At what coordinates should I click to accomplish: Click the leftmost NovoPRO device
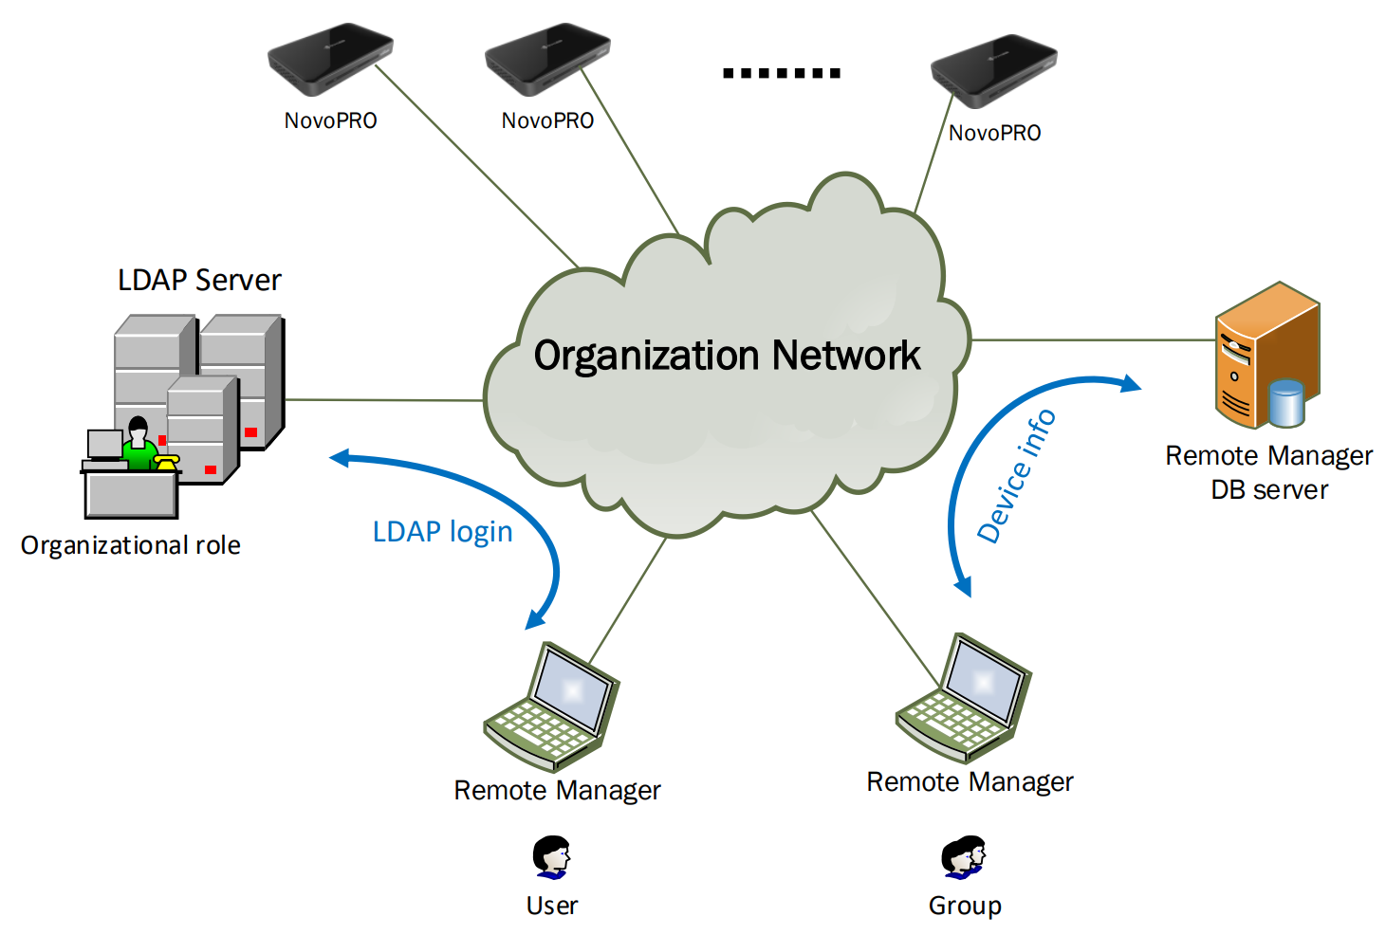pyautogui.click(x=330, y=59)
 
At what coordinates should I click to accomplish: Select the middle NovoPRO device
pyautogui.click(x=547, y=59)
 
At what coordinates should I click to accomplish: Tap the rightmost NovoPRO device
pyautogui.click(x=993, y=70)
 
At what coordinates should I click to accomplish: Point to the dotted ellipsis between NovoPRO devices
pyautogui.click(x=781, y=73)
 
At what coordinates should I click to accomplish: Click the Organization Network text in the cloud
pyautogui.click(x=727, y=356)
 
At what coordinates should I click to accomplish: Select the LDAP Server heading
pyautogui.click(x=199, y=280)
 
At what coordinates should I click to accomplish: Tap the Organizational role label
pyautogui.click(x=131, y=545)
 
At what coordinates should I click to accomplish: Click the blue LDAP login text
pyautogui.click(x=442, y=532)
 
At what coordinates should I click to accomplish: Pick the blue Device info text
pyautogui.click(x=1016, y=476)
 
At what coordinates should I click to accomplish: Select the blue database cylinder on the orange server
pyautogui.click(x=1286, y=402)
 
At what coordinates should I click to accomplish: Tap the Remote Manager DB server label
pyautogui.click(x=1268, y=472)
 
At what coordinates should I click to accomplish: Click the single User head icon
pyautogui.click(x=551, y=856)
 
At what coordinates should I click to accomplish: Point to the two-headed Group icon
pyautogui.click(x=964, y=856)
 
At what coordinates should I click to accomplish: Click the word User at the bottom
pyautogui.click(x=551, y=906)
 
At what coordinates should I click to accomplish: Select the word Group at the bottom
pyautogui.click(x=965, y=906)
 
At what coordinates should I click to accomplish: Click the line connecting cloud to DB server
pyautogui.click(x=1091, y=339)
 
